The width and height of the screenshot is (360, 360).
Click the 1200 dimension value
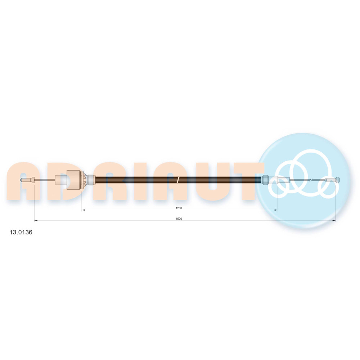pyautogui.click(x=179, y=208)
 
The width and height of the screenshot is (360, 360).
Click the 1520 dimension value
pyautogui.click(x=179, y=219)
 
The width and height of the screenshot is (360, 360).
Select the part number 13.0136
pyautogui.click(x=21, y=232)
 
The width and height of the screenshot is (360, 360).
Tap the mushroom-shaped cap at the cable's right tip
pyautogui.click(x=338, y=180)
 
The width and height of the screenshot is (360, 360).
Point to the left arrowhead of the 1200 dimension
pyautogui.click(x=84, y=210)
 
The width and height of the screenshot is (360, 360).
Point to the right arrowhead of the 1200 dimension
pyautogui.click(x=276, y=210)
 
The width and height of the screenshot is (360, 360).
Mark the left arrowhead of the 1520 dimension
pyautogui.click(x=36, y=221)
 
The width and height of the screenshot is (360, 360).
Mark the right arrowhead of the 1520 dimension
pyautogui.click(x=334, y=221)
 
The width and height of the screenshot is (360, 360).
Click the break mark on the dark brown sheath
pyautogui.click(x=178, y=180)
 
